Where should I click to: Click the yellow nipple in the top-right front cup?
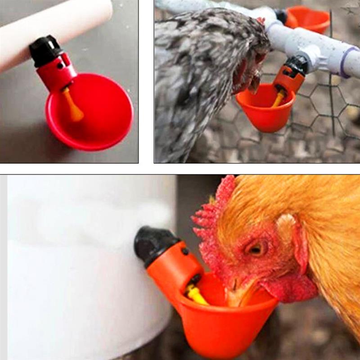pyautogui.click(x=279, y=98)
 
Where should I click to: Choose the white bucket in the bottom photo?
pyautogui.click(x=81, y=270)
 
